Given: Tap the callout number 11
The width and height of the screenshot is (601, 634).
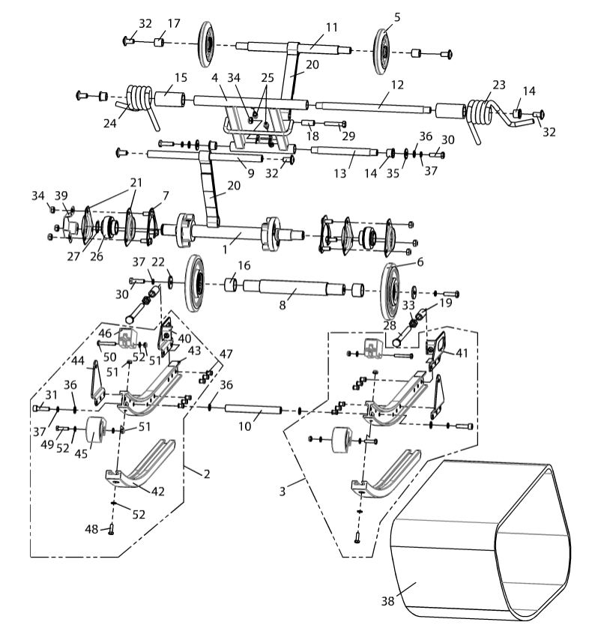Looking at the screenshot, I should (331, 27).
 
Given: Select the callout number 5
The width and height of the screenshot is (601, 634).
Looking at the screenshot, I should (397, 16).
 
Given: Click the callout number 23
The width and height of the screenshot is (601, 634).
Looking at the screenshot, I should (499, 85).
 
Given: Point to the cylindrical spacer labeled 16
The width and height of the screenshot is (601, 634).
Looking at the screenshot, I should (232, 286).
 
